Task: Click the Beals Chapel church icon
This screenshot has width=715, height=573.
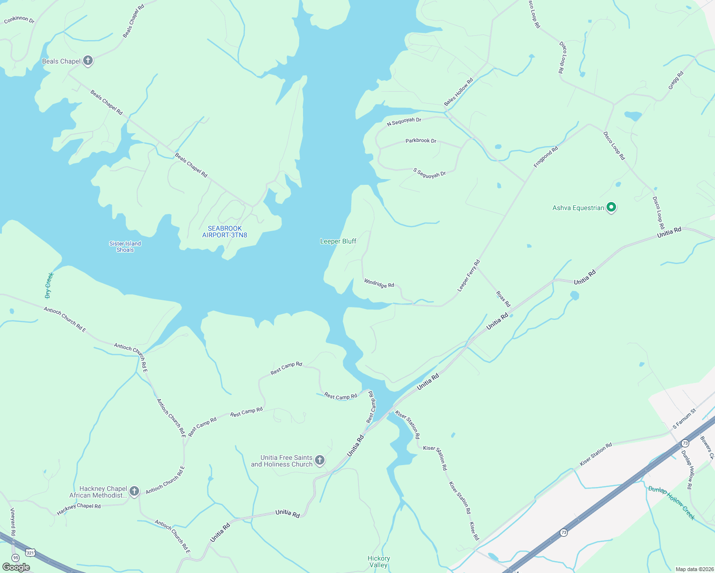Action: point(87,61)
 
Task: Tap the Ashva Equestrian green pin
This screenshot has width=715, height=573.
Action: point(611,208)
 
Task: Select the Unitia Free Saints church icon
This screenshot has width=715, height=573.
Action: point(320,460)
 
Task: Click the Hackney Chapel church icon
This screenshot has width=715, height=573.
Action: point(134,491)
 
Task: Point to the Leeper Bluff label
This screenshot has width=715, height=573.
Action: point(338,241)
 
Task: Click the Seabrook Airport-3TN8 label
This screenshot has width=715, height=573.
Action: point(225,232)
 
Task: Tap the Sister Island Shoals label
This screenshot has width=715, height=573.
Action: point(125,246)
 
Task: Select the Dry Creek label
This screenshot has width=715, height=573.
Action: point(49,285)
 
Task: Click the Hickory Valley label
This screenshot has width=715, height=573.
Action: point(379,562)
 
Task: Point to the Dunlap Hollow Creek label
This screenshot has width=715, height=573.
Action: point(671,502)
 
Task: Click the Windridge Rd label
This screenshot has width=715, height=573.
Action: point(379,283)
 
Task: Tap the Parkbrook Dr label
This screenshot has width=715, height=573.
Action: point(421,141)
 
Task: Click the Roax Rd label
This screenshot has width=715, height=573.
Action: point(503,299)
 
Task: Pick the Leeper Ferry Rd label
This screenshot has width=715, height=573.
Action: point(468,276)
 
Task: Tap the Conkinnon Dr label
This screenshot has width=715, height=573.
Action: point(19,20)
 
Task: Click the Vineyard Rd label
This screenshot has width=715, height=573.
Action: point(13,521)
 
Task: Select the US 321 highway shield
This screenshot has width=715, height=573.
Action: point(31,552)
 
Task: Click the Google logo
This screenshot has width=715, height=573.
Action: point(16,567)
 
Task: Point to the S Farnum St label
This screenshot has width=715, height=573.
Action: point(684,419)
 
